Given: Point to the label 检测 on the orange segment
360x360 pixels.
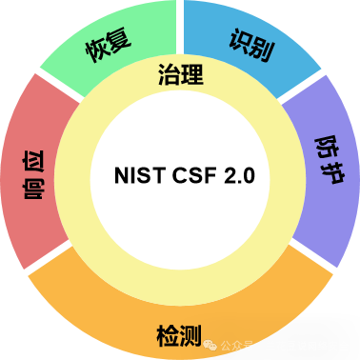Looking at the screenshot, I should (179, 334).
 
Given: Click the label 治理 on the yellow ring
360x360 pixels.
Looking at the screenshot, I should (180, 74).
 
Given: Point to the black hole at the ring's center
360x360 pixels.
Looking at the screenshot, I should (180, 181).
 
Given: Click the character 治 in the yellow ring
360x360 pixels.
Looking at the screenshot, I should (169, 74).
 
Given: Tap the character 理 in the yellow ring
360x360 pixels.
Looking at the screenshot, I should (191, 74).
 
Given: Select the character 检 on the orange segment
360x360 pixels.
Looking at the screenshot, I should (168, 334).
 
